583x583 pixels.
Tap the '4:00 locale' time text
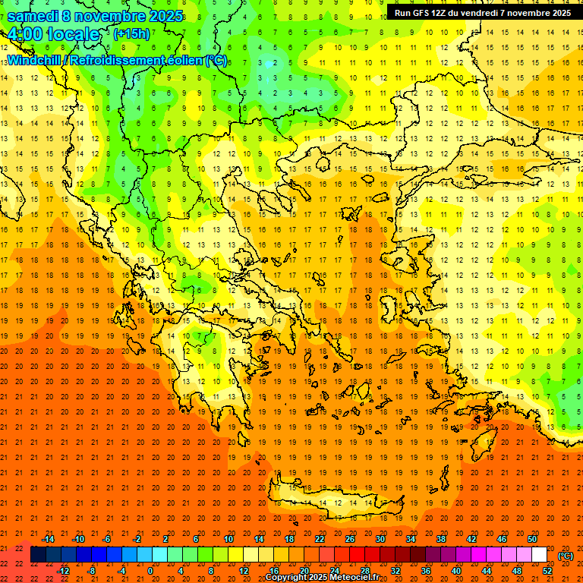(54, 34)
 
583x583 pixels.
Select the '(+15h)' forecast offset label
(131, 34)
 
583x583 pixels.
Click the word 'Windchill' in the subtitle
(35, 60)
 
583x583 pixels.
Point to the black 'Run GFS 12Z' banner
(483, 13)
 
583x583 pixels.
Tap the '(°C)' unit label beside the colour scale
(566, 556)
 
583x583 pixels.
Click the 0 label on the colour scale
(150, 571)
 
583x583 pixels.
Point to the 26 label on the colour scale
(350, 539)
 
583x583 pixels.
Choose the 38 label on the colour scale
(440, 539)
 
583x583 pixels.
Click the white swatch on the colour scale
(539, 555)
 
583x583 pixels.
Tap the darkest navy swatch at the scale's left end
(38, 555)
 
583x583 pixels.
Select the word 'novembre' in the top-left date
(106, 16)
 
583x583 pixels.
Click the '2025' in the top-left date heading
(166, 16)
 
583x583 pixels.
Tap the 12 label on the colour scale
(244, 571)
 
